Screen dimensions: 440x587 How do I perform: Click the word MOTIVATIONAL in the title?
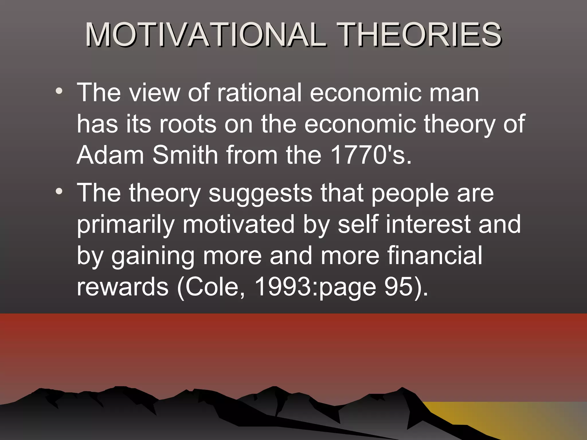[205, 35]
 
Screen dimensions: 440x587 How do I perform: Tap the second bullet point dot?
[59, 191]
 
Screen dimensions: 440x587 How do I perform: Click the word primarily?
[126, 225]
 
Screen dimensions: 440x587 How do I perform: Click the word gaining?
[153, 257]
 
